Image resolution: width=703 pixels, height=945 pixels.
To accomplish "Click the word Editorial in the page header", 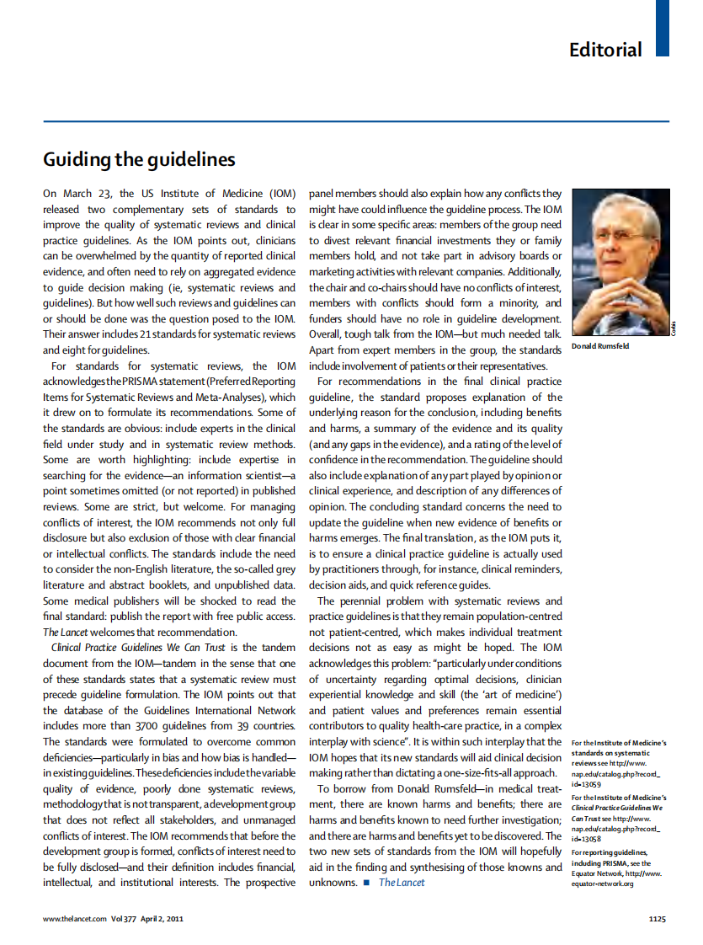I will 605,50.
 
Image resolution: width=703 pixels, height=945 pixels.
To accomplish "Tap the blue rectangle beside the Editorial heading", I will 663,28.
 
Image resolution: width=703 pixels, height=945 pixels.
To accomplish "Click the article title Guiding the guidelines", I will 139,159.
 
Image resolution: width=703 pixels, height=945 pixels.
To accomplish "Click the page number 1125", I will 658,919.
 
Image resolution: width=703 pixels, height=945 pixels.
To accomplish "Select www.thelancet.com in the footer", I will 74,919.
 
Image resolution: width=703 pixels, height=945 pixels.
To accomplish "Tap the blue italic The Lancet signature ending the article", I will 402,882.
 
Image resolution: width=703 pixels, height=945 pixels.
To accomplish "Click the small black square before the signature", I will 367,883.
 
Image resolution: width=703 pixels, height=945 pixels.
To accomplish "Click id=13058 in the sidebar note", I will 588,839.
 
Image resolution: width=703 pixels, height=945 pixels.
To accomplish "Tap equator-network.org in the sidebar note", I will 603,884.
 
